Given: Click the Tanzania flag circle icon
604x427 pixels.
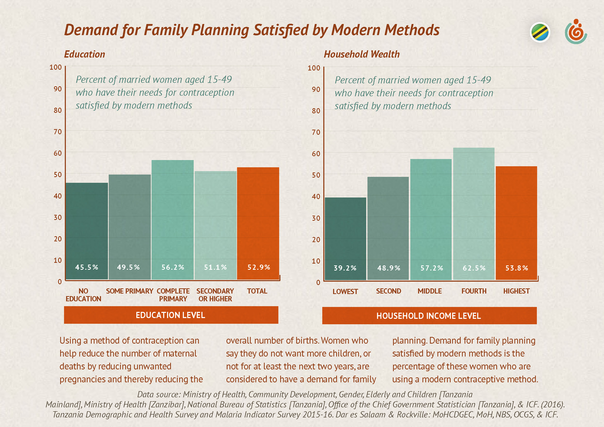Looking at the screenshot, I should tap(540, 32).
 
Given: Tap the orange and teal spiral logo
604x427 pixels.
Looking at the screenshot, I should tap(575, 32).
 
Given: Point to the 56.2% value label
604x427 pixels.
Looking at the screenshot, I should tap(172, 267).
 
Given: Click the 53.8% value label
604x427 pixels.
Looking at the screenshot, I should tap(517, 268).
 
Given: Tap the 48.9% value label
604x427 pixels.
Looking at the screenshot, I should tap(389, 268).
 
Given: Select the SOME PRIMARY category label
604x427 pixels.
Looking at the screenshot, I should tap(129, 291).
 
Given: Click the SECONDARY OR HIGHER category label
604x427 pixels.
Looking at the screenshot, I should tap(215, 295).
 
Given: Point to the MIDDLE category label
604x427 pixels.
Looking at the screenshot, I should tap(430, 291).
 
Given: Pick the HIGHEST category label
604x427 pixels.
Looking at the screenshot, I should tap(516, 291).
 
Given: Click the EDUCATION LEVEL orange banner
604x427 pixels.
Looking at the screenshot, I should tap(171, 315).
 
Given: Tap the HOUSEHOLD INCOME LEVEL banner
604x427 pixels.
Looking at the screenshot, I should tap(429, 315).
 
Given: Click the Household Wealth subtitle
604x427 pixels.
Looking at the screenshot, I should tap(362, 54).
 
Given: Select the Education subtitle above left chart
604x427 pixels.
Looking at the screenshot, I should tap(84, 54).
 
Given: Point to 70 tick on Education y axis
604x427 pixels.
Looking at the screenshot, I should tap(58, 131).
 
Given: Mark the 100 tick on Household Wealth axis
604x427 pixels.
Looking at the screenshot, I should tap(314, 68).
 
